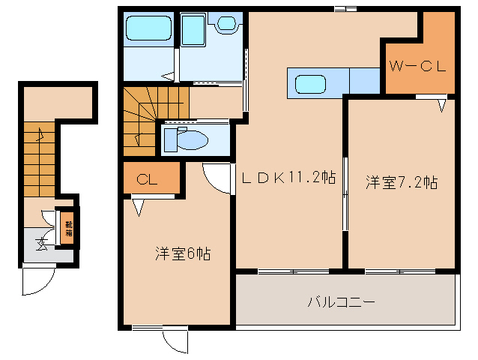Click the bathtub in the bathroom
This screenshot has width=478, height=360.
(149, 29)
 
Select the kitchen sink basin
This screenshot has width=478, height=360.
(309, 82)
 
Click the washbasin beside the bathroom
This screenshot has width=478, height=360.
(226, 25)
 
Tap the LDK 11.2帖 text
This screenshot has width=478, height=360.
(287, 178)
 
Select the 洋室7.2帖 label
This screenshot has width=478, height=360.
(402, 182)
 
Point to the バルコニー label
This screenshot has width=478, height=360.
(341, 302)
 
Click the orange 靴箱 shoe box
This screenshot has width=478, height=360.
(68, 226)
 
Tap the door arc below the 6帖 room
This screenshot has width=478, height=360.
(176, 341)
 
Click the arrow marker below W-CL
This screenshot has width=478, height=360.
(442, 105)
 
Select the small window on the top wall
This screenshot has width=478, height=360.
(345, 8)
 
